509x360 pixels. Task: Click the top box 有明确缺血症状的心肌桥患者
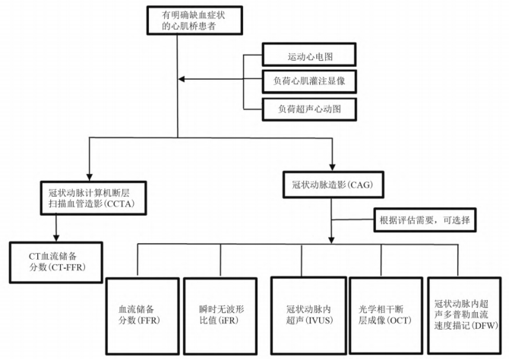point(194,20)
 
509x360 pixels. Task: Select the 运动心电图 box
point(309,55)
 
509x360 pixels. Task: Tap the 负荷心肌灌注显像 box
point(309,81)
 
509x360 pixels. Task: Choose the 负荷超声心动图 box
point(309,109)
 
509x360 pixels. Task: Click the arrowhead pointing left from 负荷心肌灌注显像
point(182,79)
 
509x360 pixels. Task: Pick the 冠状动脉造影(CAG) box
point(333,185)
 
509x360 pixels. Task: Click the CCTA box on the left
point(93,198)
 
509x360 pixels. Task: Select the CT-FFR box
point(55,262)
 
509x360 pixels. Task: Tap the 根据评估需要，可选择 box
point(425,220)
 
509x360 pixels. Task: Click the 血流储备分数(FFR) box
point(142,316)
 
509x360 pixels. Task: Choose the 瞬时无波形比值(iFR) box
point(220,316)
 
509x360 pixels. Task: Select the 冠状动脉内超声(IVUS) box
point(308,315)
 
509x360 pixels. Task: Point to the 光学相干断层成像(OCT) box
point(386,315)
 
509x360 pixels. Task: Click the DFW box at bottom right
point(464,315)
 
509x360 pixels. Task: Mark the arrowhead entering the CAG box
point(332,167)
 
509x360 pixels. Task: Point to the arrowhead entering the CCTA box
point(90,177)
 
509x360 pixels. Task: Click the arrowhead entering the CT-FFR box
point(56,238)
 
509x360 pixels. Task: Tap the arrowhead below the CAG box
point(331,240)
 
